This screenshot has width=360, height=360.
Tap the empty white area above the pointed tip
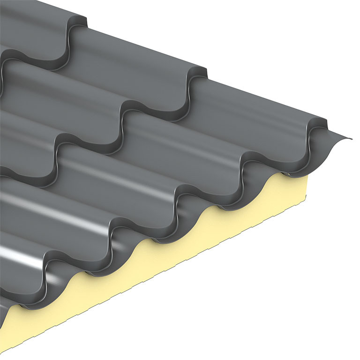pyautogui.click(x=305, y=56)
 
